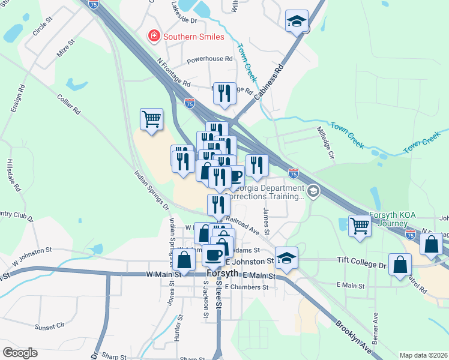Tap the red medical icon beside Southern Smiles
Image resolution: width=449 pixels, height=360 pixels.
[x=154, y=37]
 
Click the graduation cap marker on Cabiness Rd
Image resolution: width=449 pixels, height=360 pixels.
[x=296, y=21]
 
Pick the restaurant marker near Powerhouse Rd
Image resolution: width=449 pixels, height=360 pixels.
[x=224, y=93]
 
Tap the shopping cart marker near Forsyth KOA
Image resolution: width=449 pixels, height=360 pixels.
[x=360, y=226]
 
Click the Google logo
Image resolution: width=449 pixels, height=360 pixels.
[x=20, y=353]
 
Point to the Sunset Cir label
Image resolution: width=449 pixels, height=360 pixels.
[x=50, y=327]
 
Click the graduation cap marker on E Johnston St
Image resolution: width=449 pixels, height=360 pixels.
[x=287, y=257]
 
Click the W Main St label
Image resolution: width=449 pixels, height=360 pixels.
[x=163, y=275]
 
